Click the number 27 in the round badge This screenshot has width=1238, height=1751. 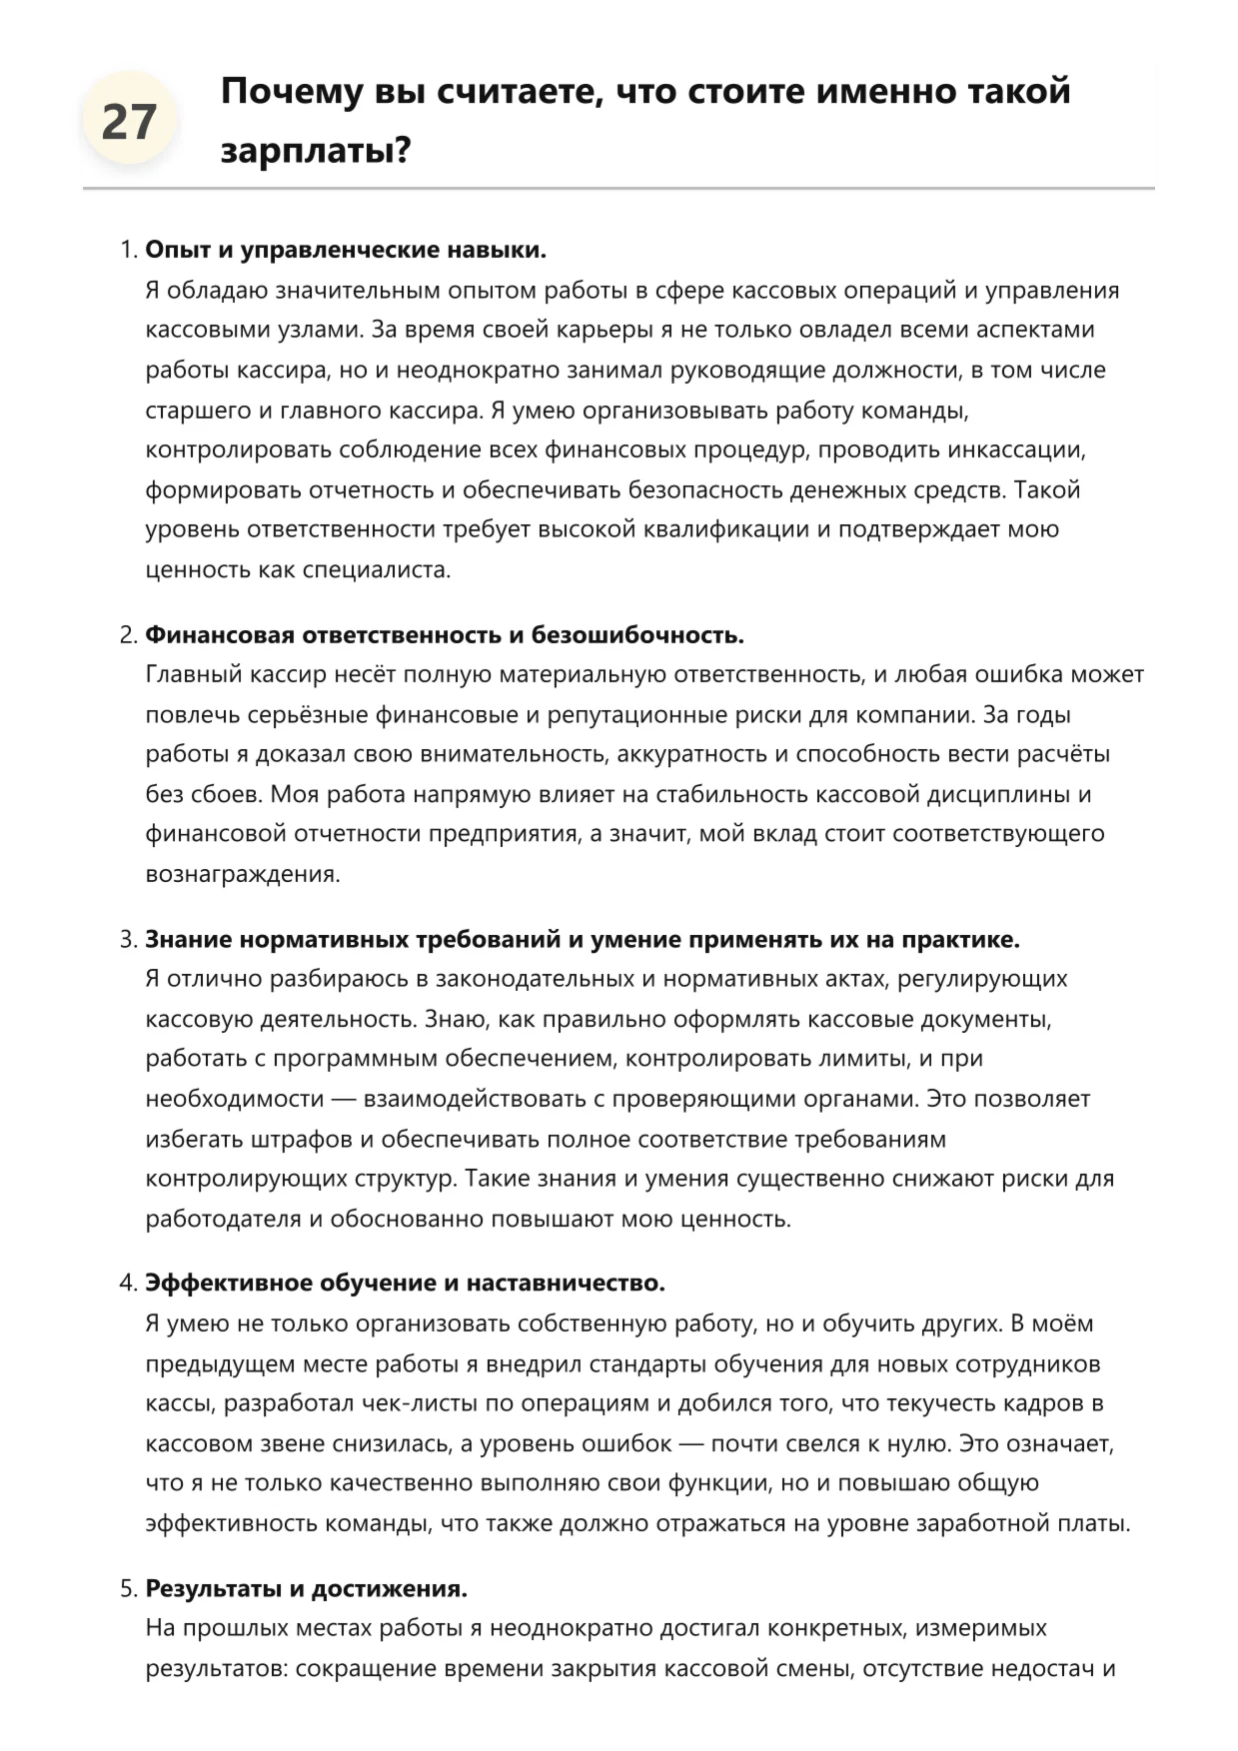click(x=129, y=122)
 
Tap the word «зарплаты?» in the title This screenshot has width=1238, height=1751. click(x=316, y=151)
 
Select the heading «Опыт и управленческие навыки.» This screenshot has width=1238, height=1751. click(x=346, y=250)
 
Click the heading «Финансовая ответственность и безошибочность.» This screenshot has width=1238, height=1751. click(x=445, y=635)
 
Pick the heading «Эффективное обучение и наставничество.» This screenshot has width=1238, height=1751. click(x=405, y=1283)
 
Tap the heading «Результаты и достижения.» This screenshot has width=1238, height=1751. click(x=306, y=1588)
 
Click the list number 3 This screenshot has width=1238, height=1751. click(x=127, y=940)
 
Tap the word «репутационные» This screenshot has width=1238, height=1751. click(x=629, y=715)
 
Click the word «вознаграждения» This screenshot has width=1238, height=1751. click(x=242, y=874)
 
